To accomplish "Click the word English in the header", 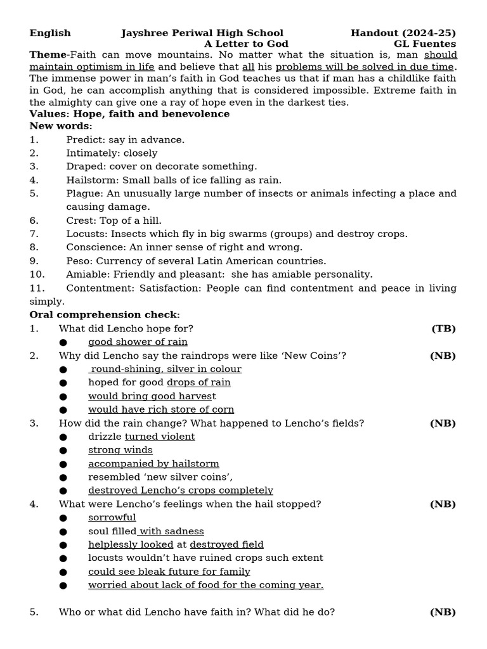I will click(x=50, y=33).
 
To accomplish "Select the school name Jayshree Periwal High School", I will click(x=202, y=33).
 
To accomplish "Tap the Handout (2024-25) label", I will click(x=403, y=33).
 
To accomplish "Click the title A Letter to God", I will click(x=246, y=44).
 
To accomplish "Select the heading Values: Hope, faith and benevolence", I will click(x=129, y=114).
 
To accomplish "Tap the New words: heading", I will click(x=61, y=126).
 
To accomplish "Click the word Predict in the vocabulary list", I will click(x=84, y=139).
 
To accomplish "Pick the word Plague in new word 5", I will click(x=83, y=193).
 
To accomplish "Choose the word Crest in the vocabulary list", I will click(x=80, y=221).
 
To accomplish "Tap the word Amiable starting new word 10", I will click(x=86, y=274).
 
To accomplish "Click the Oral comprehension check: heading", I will click(x=105, y=315).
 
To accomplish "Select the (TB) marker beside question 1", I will click(x=443, y=328).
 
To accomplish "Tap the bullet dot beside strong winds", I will click(x=63, y=451).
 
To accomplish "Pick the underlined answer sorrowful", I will click(x=112, y=518).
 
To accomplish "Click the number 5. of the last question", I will click(x=34, y=612).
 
